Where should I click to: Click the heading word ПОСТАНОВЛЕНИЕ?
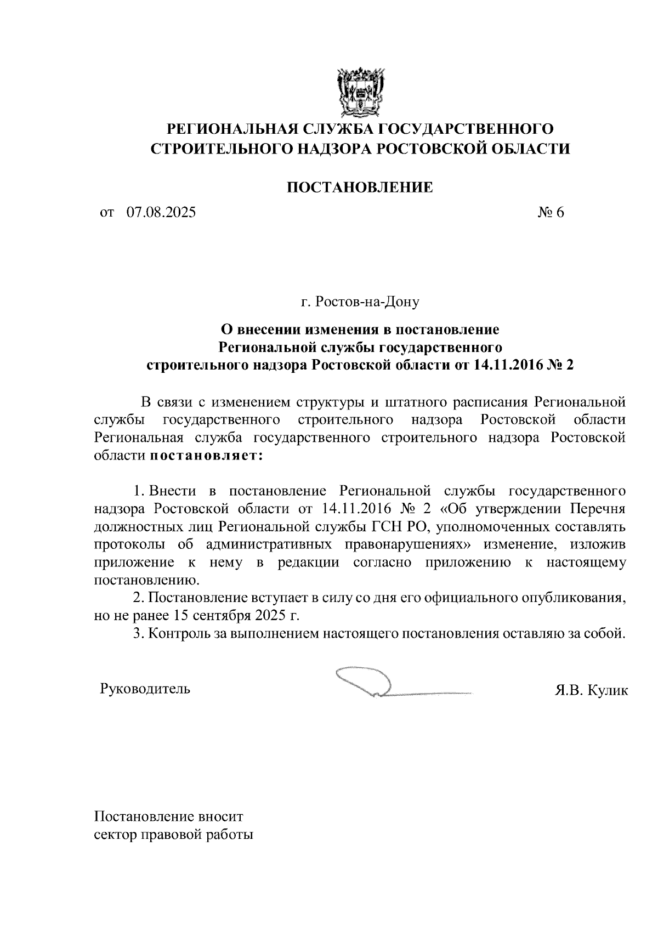(360, 188)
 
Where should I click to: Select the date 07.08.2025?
(160, 212)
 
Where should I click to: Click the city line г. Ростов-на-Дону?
(360, 302)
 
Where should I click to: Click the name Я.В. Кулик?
(591, 690)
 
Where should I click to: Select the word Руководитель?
(145, 689)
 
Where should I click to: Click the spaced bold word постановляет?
(206, 456)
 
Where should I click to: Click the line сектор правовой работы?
(174, 836)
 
